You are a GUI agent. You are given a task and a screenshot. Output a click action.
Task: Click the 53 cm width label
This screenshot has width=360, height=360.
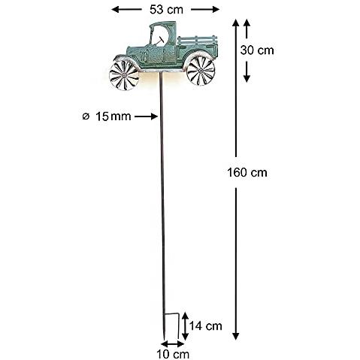tap(166, 10)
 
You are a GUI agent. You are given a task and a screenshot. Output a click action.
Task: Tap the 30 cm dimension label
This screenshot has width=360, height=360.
tap(257, 50)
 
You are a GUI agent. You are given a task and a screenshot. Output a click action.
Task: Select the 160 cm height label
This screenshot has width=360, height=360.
tap(247, 173)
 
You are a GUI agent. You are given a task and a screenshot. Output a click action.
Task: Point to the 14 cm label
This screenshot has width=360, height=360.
tap(206, 326)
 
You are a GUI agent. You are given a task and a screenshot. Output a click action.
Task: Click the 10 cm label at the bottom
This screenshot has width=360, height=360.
tap(173, 354)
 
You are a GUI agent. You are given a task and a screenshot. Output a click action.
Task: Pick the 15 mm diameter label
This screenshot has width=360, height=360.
tap(113, 116)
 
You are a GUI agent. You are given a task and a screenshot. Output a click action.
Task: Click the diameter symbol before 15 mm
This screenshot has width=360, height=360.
tap(86, 116)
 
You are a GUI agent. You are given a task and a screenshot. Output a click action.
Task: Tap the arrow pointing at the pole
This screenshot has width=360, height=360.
tap(146, 116)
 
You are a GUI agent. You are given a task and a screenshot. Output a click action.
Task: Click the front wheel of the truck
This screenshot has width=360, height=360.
tap(124, 75)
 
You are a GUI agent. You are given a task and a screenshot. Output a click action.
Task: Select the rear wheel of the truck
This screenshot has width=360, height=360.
tap(201, 71)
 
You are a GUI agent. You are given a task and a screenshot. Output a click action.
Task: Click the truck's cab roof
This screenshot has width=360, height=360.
tap(163, 24)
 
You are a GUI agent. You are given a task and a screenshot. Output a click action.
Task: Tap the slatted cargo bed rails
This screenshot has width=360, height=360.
tap(197, 40)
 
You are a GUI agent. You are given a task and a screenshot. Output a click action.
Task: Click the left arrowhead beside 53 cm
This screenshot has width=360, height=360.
tap(116, 10)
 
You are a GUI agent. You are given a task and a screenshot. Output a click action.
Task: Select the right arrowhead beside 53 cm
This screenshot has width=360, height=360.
tap(216, 10)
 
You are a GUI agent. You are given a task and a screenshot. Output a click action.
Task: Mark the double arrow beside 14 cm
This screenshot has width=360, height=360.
tap(185, 326)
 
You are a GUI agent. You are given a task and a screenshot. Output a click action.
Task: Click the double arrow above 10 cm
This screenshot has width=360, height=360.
tap(173, 344)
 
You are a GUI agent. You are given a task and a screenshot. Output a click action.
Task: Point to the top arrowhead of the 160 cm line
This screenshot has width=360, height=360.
tap(236, 23)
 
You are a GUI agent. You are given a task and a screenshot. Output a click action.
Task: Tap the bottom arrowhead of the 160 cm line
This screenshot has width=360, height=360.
tap(236, 336)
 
